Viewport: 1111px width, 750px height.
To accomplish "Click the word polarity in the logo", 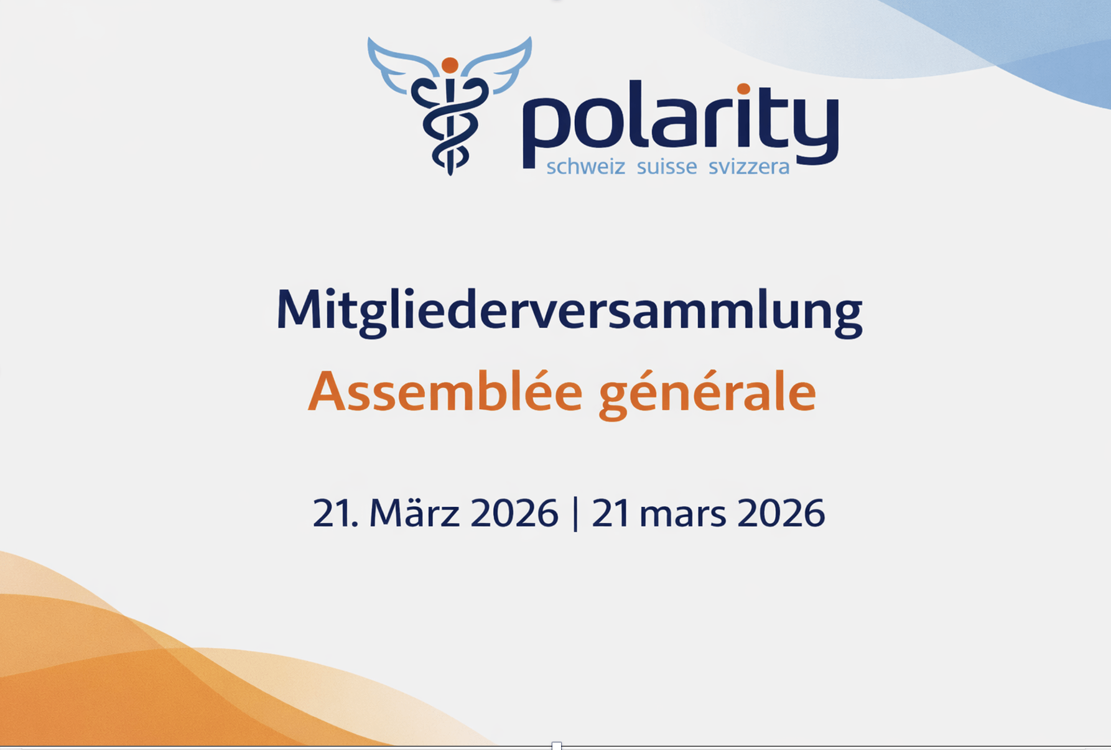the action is [681, 124].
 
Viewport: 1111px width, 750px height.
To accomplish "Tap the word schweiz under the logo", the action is [585, 166].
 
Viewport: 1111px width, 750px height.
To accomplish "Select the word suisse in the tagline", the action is [667, 166].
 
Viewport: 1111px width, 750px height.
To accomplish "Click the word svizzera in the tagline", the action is [749, 166].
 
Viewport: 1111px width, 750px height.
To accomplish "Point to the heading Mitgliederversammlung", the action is [569, 311].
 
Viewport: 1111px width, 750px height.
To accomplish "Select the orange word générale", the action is [707, 393].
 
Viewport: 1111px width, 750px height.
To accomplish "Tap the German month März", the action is [414, 512].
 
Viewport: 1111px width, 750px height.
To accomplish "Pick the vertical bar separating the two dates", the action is [575, 513].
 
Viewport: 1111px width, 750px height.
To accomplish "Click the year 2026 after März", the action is [514, 513].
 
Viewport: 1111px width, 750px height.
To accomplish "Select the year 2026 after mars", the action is [781, 513].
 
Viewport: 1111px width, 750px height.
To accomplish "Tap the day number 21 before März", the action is [335, 513].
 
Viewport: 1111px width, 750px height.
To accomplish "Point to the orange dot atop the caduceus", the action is [450, 65].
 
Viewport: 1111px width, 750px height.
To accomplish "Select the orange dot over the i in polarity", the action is [743, 89].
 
